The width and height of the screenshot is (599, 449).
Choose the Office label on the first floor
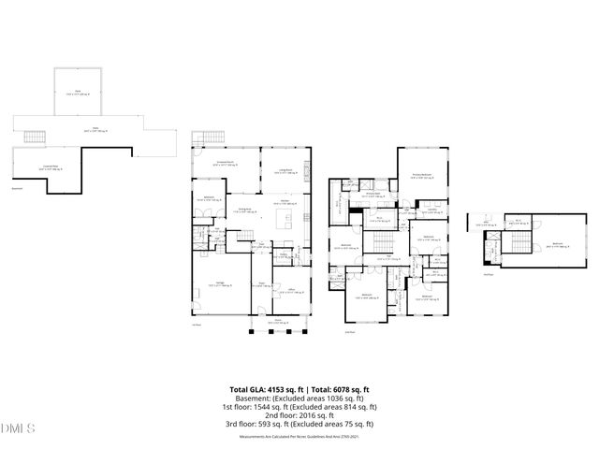coord(292,292)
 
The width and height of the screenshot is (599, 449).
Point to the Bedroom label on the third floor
coord(558,243)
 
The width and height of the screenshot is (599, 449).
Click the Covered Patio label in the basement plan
coord(43,167)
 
